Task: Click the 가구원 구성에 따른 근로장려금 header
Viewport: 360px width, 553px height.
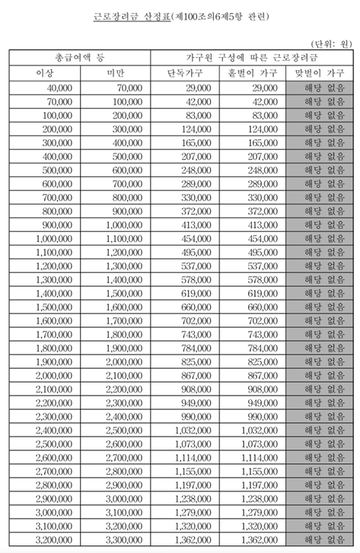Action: coord(252,58)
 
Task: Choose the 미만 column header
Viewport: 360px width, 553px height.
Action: coord(115,73)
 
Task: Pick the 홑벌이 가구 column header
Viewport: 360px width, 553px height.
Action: coord(252,73)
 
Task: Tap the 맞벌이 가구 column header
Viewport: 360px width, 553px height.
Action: coord(320,73)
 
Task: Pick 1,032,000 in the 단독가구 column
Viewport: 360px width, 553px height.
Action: coord(191,431)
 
